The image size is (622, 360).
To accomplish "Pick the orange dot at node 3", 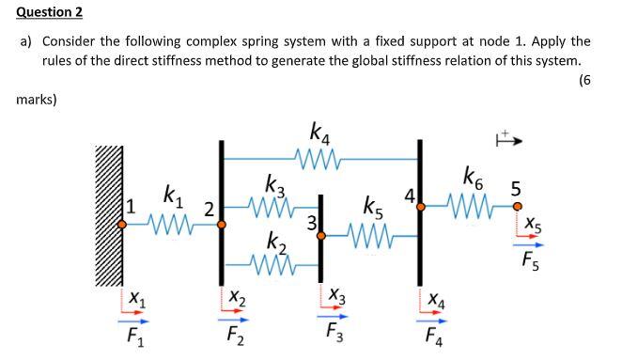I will [321, 237].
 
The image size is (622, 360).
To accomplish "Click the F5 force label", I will [532, 260].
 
